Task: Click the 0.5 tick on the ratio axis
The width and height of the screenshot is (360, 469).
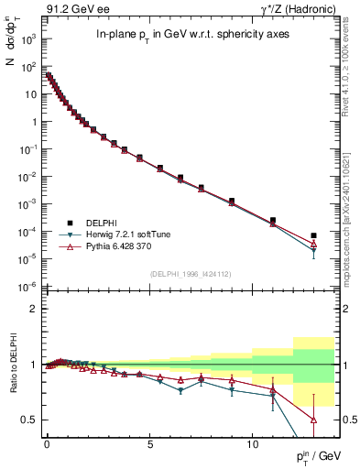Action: point(30,420)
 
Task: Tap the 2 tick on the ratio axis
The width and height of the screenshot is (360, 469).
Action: point(33,309)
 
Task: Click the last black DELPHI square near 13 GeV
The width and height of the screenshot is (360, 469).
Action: point(313,235)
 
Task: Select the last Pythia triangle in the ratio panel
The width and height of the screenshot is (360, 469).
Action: point(313,420)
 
